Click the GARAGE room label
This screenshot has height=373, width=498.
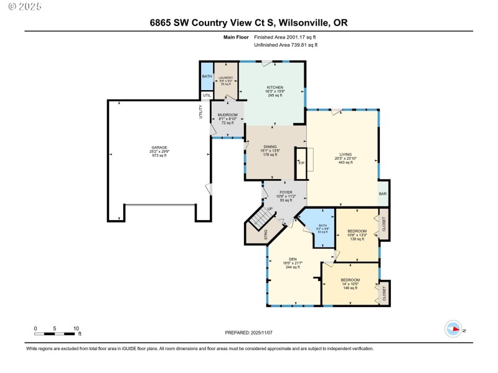[x=159, y=147]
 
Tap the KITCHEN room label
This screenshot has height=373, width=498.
[x=275, y=87]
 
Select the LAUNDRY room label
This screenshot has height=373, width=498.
[x=225, y=77]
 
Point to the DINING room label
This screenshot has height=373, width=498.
[x=270, y=147]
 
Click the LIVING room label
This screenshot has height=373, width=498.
[x=345, y=154]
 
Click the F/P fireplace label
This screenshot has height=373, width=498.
[x=301, y=163]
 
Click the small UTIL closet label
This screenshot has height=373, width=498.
[x=206, y=96]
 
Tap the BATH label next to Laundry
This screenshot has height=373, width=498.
[x=206, y=76]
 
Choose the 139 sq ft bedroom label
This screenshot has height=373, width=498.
[x=357, y=231]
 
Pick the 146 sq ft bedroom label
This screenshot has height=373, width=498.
[x=350, y=280]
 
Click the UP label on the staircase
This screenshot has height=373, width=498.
[x=270, y=209]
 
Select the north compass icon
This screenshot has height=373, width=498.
[x=453, y=329]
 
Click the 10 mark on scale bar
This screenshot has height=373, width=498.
[x=76, y=328]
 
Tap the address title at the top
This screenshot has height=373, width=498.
[x=248, y=22]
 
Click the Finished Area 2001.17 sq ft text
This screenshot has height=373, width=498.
[x=289, y=37]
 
